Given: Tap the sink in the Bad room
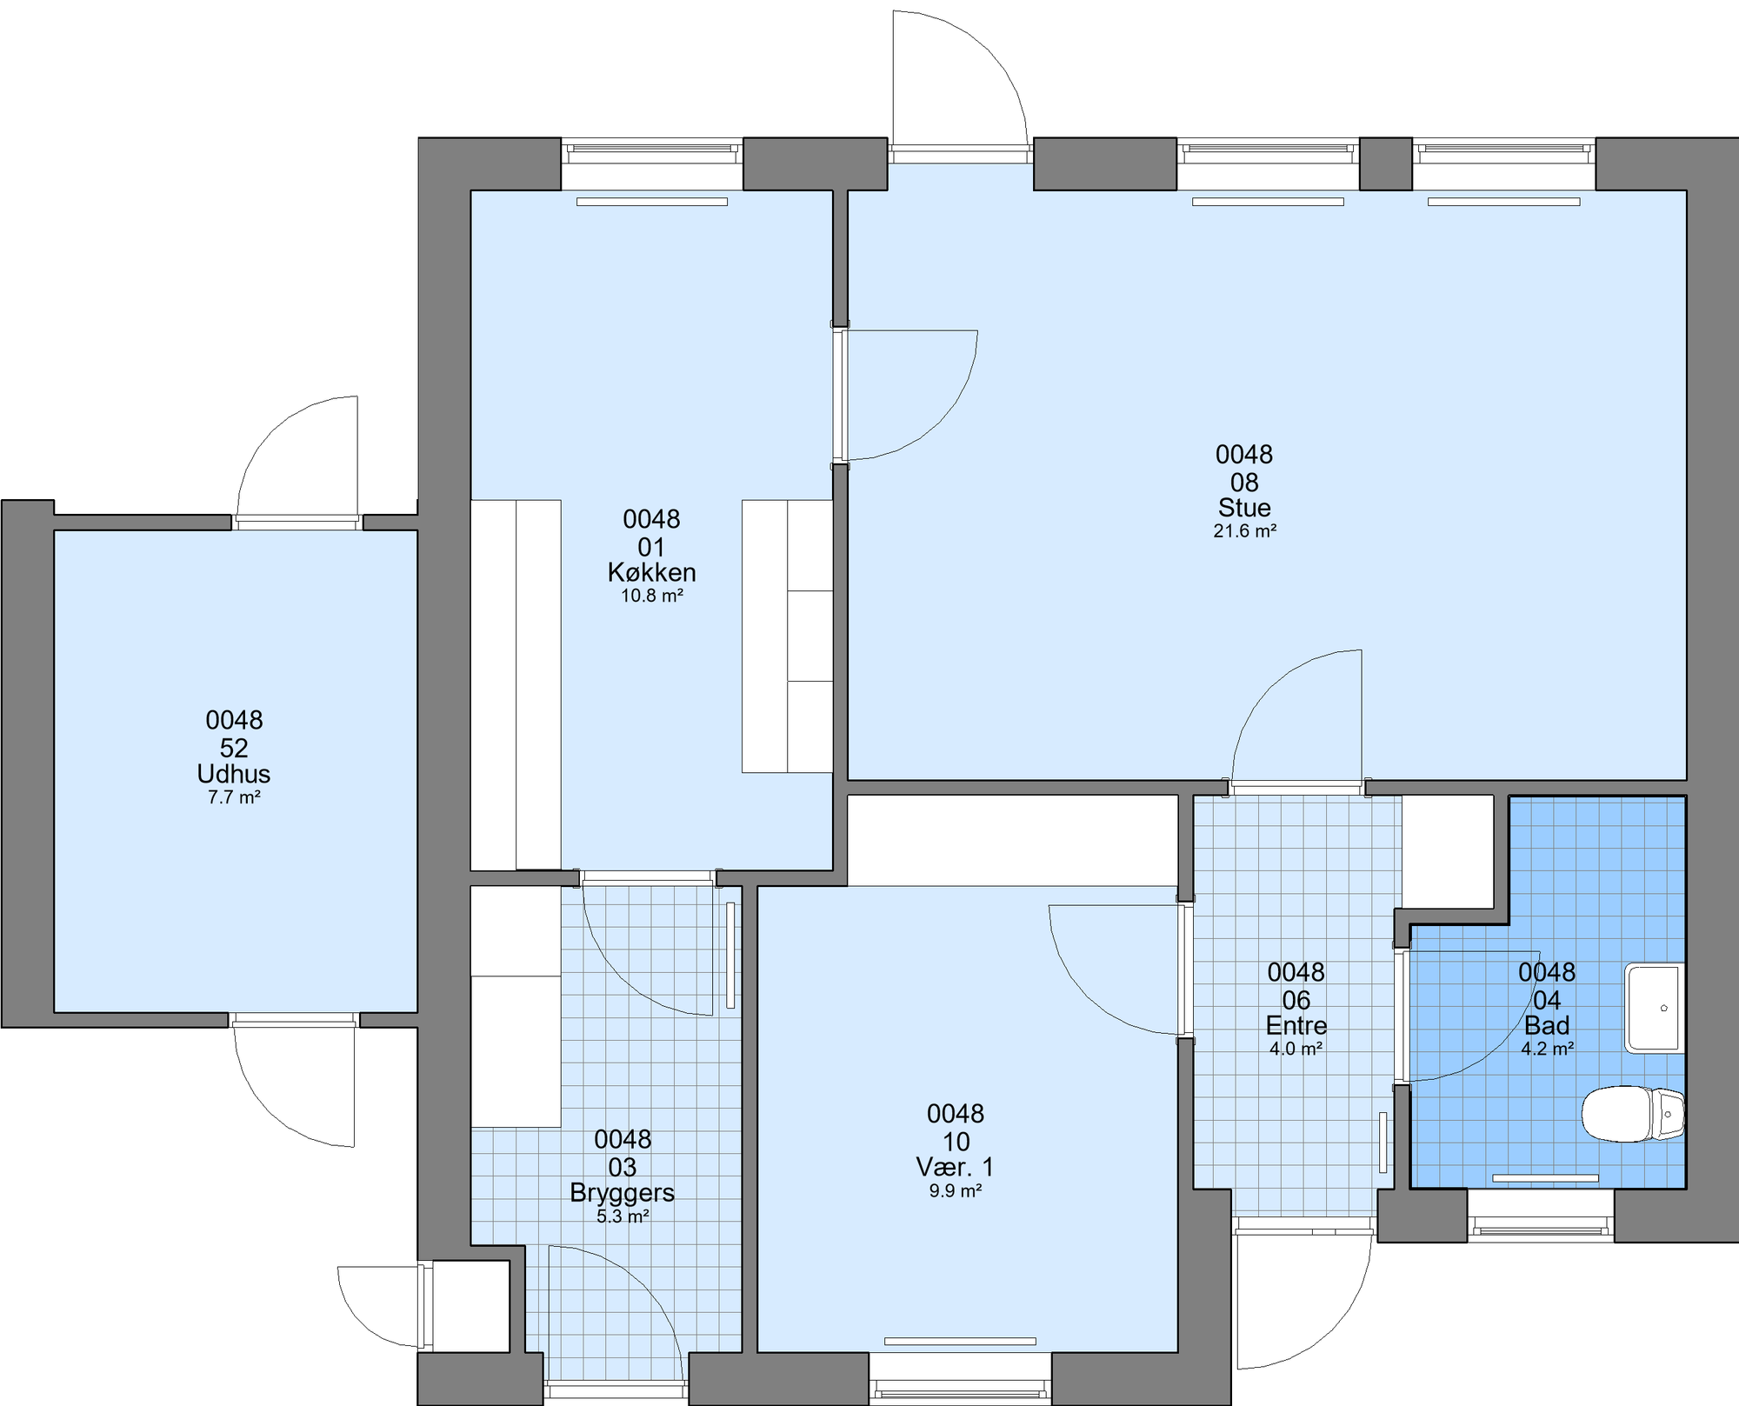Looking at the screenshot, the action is coord(1655,1008).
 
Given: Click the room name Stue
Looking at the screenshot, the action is coord(1244,508).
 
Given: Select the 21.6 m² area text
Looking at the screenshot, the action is coord(1244,531).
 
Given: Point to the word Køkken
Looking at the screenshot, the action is coord(651,573).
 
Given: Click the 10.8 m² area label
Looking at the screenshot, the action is coord(651,596).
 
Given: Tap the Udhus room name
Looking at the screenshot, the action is coord(234,774).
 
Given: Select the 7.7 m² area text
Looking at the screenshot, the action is coord(234,797).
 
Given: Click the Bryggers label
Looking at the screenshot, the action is coord(623,1193).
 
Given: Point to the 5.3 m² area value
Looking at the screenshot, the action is coord(623,1216).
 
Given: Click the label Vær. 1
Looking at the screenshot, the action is coord(955,1167).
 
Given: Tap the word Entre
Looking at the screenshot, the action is coord(1296,1025).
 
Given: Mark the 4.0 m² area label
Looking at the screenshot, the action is coord(1296,1049).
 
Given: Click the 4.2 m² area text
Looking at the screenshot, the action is coord(1547,1049).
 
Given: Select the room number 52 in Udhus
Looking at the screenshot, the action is coord(234,749).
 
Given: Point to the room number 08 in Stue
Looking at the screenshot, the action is coord(1244,483).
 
